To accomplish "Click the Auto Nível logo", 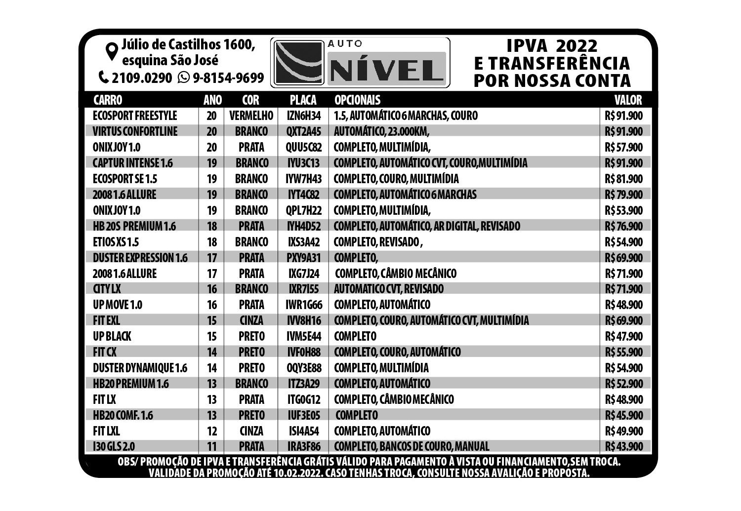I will [360, 63].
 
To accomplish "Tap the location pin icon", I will [112, 50].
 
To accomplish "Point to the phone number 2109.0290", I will [142, 78].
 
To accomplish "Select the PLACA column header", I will [303, 100].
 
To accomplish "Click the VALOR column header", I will [628, 100].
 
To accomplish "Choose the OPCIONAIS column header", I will [357, 100].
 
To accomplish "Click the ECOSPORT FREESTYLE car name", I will [134, 116].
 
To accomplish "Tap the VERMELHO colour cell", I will [251, 116].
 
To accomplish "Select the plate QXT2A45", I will [303, 132].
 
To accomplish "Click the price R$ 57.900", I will [623, 148].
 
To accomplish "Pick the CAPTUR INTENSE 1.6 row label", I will [132, 163].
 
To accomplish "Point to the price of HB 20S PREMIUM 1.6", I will [623, 226].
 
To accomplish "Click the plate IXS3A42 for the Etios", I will [303, 242].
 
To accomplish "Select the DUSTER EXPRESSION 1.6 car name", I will [140, 258].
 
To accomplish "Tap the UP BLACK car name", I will [112, 337].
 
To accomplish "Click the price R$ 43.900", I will [623, 447].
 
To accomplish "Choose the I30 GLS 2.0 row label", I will [114, 447].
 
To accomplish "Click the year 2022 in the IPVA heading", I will [576, 46].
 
